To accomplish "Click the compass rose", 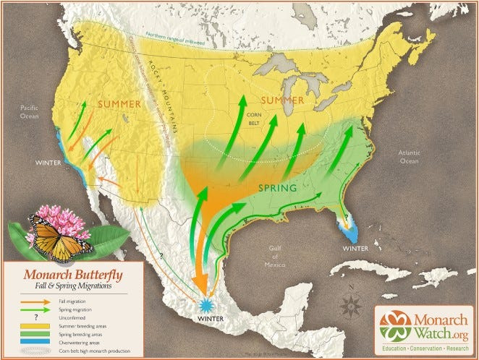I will point(352,303).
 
